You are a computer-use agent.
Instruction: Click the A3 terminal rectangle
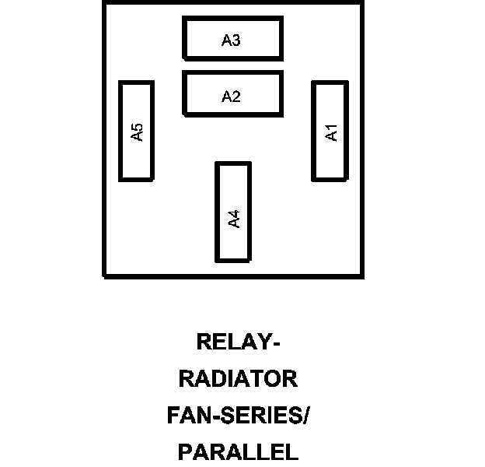pos(232,37)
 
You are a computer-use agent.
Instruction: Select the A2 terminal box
pos(232,93)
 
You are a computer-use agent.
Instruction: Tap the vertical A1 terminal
pos(330,131)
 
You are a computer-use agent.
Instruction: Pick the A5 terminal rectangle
pos(135,131)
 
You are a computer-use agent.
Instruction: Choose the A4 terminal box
pos(233,212)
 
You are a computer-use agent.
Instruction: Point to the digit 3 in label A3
pos(236,40)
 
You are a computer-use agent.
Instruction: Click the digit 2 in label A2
pos(236,97)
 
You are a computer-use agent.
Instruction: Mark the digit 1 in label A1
pos(332,128)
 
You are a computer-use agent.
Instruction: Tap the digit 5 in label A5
pos(138,127)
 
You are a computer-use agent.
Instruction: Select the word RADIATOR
pos(238,379)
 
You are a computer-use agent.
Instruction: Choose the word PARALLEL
pos(238,451)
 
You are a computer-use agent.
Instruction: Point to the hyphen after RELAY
pos(276,343)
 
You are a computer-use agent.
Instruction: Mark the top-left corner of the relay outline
pos(104,2)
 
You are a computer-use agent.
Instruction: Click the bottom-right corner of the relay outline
pos(363,276)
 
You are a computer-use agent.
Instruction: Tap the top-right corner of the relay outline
pos(363,2)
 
